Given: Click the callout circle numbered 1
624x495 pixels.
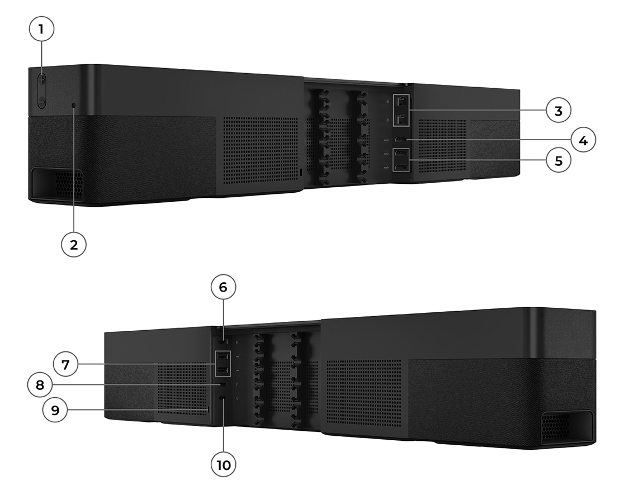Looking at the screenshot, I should point(42,31).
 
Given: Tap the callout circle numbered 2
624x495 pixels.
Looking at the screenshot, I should point(74,244).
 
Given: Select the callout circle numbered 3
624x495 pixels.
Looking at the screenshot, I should point(558,111).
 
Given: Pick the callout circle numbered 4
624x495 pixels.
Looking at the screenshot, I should point(582,140).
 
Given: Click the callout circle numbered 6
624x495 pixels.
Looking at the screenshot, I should point(223,288).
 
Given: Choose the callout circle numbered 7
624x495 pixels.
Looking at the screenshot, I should point(65,365).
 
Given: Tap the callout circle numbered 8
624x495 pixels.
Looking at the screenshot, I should point(40,385).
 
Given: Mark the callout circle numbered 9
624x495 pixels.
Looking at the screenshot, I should point(55,410).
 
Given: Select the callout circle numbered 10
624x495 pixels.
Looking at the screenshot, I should point(223,464).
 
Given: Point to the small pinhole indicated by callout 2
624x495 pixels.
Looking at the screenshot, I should point(74,104).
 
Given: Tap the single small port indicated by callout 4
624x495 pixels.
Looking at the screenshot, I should point(400,139).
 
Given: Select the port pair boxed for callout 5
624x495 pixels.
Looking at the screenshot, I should point(400,160).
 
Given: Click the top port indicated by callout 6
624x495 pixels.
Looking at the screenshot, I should point(223,341).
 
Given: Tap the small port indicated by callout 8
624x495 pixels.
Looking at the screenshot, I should point(223,385).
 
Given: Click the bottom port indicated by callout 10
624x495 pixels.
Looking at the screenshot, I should point(223,399).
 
